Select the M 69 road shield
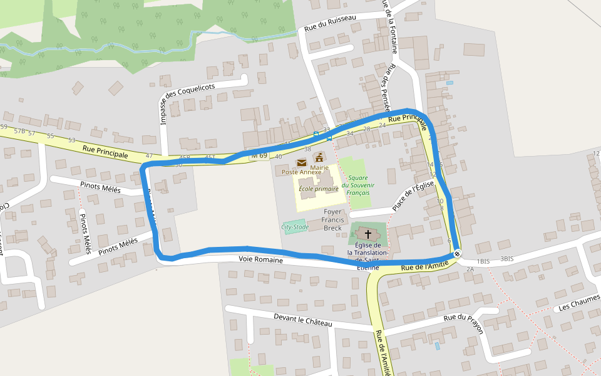[x=259, y=155]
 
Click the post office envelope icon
[x=302, y=163]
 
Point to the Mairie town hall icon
[x=319, y=157]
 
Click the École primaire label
[x=318, y=188]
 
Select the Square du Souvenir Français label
[x=358, y=185]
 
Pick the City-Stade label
[x=295, y=227]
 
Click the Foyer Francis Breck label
[x=332, y=220]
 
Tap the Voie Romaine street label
[x=260, y=259]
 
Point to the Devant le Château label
[x=302, y=320]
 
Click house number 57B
[x=20, y=131]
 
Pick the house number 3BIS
[x=506, y=259]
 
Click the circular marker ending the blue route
[x=458, y=253]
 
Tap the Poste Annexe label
[x=301, y=172]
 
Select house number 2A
[x=470, y=269]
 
